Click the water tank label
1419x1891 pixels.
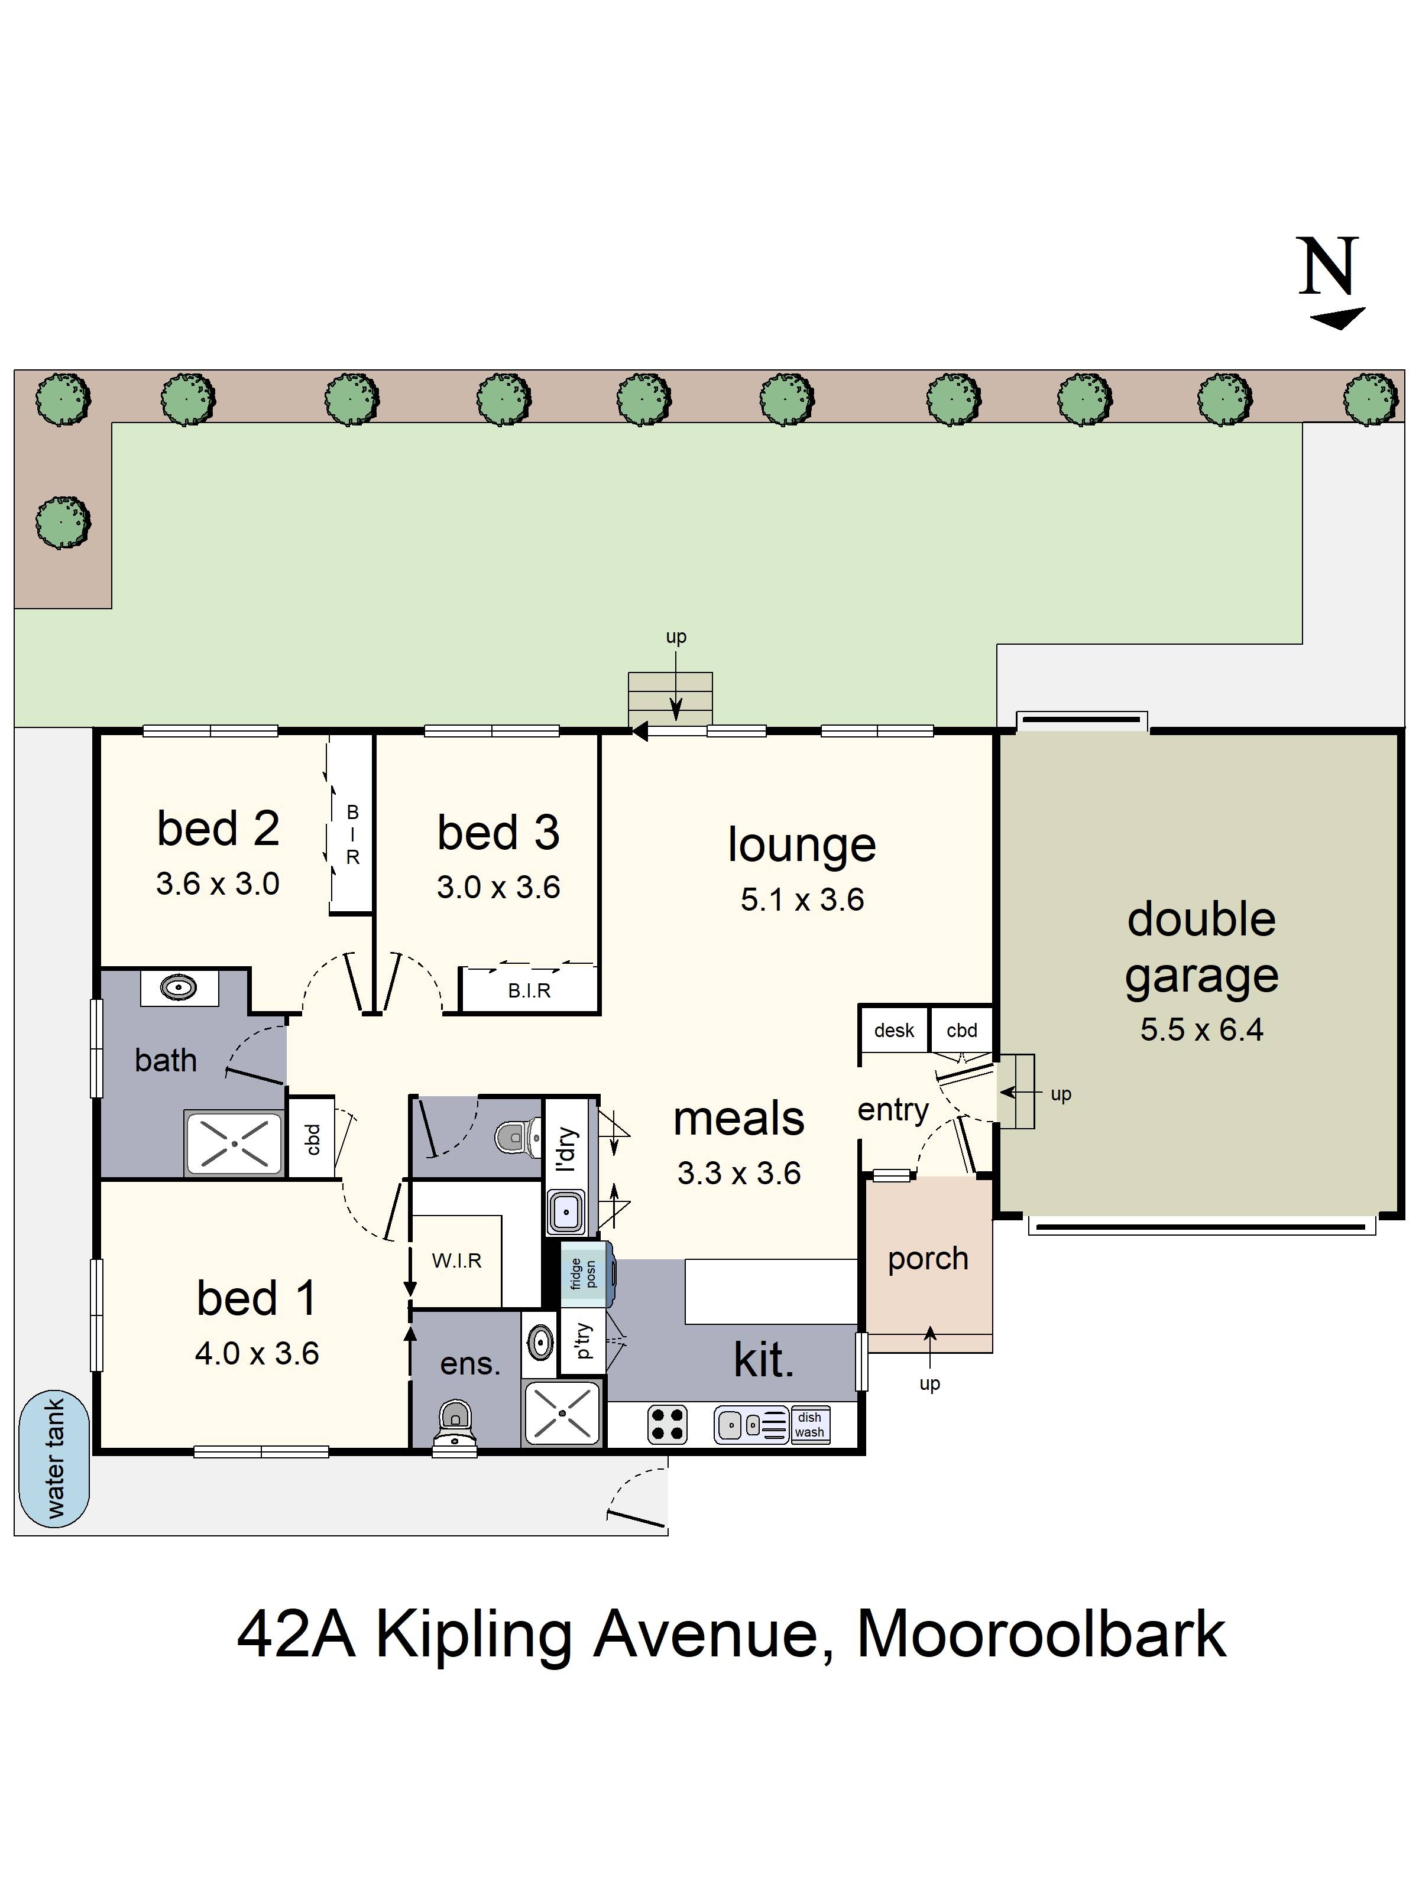[x=54, y=1458]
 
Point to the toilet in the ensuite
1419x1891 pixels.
[x=455, y=1424]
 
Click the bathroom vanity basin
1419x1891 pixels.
[x=179, y=987]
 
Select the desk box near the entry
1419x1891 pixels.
[x=894, y=1030]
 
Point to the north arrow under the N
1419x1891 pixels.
[x=1339, y=319]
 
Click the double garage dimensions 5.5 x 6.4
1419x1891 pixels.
[x=1201, y=1029]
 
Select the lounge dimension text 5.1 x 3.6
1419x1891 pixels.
[x=802, y=899]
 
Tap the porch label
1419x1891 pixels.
[x=928, y=1258]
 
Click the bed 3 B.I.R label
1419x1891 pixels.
[x=529, y=991]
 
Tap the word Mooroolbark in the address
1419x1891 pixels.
[x=1041, y=1635]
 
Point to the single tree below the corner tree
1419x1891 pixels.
[x=63, y=521]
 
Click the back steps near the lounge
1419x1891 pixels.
[x=670, y=698]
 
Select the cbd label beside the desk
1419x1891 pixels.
[x=961, y=1030]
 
